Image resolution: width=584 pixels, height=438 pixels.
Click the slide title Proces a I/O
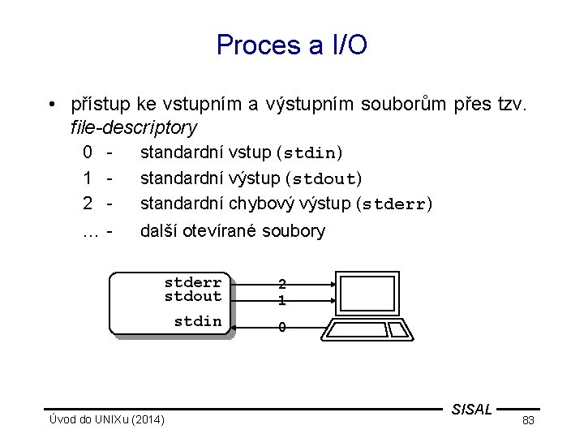point(292,45)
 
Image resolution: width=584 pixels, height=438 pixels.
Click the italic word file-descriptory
point(134,127)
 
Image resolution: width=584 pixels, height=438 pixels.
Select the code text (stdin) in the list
point(311,152)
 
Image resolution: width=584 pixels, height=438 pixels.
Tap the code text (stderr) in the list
point(395,203)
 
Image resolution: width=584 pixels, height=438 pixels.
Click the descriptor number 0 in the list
point(87,152)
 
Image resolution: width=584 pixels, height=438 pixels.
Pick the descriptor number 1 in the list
point(87,177)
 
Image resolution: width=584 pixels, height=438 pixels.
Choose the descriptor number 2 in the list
point(87,203)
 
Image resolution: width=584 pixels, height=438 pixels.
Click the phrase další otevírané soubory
point(233,231)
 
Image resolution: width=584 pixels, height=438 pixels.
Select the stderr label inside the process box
point(193,282)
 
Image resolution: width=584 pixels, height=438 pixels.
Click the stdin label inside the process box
point(198,321)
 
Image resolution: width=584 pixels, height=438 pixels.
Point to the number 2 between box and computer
point(281,285)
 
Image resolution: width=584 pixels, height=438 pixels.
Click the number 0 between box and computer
point(281,328)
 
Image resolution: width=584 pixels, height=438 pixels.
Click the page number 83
point(527,420)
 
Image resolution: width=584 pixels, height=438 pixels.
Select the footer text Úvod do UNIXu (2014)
point(105,419)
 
